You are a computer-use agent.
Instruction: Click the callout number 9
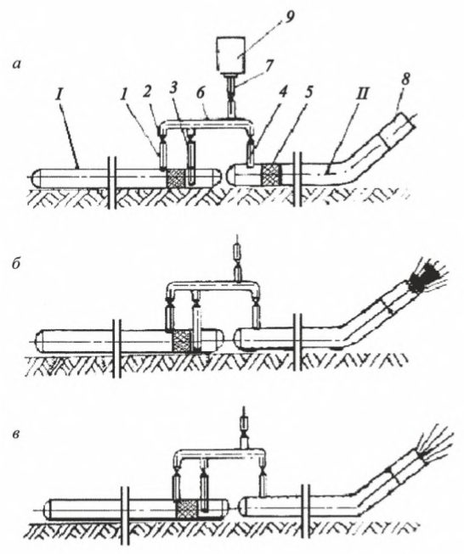(x=289, y=18)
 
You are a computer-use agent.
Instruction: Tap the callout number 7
(x=269, y=65)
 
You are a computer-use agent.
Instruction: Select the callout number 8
(x=405, y=79)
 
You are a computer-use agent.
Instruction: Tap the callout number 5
(x=309, y=93)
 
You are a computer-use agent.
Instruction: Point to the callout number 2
(x=148, y=92)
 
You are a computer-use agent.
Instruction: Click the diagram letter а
(x=17, y=64)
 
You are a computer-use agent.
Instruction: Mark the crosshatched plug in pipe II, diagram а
(x=271, y=174)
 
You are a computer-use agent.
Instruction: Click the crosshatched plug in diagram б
(x=181, y=340)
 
